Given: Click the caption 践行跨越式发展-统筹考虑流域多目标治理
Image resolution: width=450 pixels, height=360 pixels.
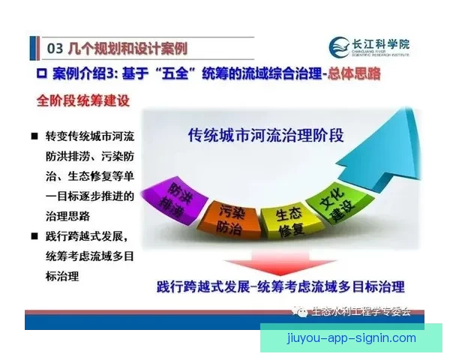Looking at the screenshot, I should tap(280, 286).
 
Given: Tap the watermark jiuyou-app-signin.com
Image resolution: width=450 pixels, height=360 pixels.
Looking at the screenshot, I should tap(352, 337).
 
